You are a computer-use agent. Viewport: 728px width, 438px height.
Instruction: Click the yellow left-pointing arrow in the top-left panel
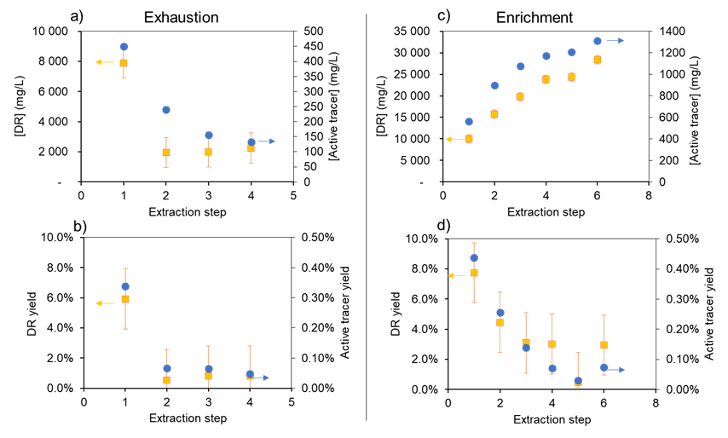(104, 62)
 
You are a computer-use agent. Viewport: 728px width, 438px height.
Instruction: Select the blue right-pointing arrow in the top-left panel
(266, 141)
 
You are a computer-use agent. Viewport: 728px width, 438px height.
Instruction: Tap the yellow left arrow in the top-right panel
(454, 139)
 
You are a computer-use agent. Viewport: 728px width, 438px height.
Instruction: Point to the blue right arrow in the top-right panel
(615, 41)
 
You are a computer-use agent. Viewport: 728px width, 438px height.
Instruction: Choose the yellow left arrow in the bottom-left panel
(104, 303)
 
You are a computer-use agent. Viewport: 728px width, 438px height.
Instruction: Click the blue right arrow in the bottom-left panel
(261, 377)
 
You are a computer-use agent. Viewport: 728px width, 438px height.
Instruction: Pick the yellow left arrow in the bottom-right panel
(457, 275)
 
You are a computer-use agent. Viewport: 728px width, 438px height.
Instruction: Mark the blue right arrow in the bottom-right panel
(616, 370)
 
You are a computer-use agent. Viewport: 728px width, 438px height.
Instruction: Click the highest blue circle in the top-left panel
(124, 47)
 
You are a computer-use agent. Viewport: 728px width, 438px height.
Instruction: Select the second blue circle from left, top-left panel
(166, 110)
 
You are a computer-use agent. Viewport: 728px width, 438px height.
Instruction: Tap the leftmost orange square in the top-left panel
(124, 63)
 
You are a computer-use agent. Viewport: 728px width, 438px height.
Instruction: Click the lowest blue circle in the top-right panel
(469, 122)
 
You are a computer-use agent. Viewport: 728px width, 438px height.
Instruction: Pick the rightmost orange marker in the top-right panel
(598, 60)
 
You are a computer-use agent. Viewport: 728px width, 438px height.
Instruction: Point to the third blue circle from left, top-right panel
(521, 66)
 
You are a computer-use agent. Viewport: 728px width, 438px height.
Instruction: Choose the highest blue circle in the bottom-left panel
(125, 286)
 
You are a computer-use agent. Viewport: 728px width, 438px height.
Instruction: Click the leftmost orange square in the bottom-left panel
(125, 299)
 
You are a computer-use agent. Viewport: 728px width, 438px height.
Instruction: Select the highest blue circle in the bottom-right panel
(474, 258)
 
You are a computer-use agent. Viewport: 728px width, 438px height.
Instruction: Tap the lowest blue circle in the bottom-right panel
(578, 381)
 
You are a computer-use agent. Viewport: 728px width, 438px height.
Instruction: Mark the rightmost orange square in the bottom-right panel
(604, 345)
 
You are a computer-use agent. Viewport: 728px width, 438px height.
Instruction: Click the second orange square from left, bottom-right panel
(500, 322)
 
